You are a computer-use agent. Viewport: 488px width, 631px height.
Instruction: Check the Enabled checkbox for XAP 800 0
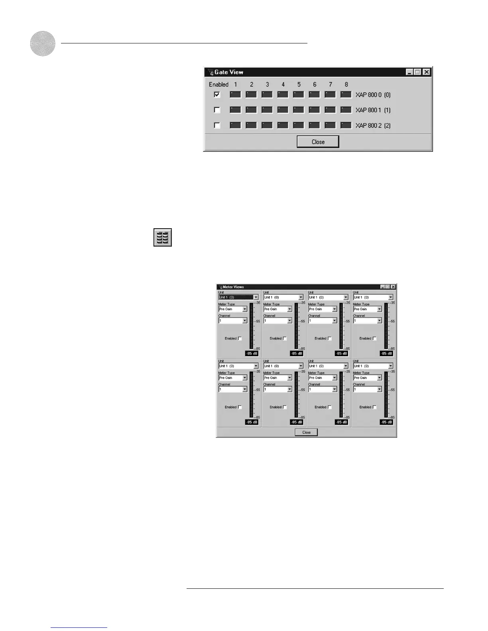(x=217, y=95)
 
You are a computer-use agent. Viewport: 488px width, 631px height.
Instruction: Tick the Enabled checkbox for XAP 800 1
(x=217, y=110)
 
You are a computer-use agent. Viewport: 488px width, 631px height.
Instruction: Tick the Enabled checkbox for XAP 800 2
(x=217, y=125)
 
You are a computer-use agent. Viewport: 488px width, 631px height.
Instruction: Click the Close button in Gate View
(x=318, y=142)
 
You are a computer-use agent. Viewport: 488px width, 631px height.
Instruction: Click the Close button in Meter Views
(x=306, y=432)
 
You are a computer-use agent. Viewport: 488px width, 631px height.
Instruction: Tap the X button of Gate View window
(x=427, y=72)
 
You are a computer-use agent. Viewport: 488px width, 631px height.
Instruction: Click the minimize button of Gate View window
(x=409, y=72)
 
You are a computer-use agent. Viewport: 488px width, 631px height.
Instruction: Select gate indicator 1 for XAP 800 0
(x=236, y=95)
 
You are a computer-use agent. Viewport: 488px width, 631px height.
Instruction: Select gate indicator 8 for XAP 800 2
(x=346, y=125)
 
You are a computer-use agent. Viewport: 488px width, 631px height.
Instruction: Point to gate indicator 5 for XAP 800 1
(x=299, y=110)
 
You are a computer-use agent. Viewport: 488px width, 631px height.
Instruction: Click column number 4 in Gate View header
(x=283, y=84)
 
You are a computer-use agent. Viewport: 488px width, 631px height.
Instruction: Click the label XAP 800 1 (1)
(x=373, y=110)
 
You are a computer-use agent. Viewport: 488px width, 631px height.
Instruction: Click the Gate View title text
(x=229, y=72)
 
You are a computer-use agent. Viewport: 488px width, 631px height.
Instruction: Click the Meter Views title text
(x=233, y=287)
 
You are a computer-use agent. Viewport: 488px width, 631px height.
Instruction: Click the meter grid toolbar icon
(x=163, y=237)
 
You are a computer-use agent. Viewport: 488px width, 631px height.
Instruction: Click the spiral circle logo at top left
(x=43, y=43)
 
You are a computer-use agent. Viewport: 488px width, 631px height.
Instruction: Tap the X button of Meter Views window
(x=393, y=287)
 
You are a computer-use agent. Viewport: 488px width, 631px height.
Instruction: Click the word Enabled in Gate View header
(x=218, y=84)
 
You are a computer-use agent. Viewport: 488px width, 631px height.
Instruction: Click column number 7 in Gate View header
(x=331, y=84)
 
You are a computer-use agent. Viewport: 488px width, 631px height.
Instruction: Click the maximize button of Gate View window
(x=418, y=72)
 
